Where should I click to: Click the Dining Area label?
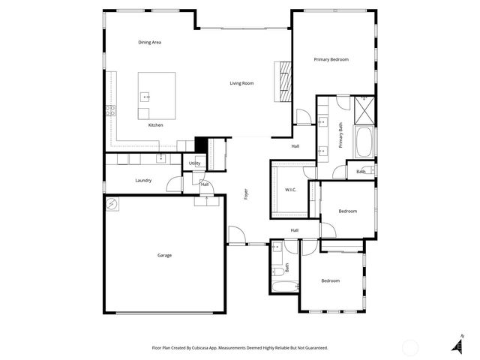pyautogui.click(x=150, y=42)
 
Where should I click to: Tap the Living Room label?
pyautogui.click(x=241, y=83)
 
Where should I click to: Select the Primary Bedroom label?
pyautogui.click(x=331, y=59)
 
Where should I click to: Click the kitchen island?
pyautogui.click(x=157, y=95)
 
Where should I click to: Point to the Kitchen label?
pyautogui.click(x=155, y=125)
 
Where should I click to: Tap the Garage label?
pyautogui.click(x=164, y=256)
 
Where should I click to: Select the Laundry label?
pyautogui.click(x=143, y=181)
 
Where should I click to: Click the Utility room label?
pyautogui.click(x=194, y=163)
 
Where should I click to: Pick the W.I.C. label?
pyautogui.click(x=291, y=190)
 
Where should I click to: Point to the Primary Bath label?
pyautogui.click(x=340, y=135)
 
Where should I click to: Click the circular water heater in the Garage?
pyautogui.click(x=112, y=203)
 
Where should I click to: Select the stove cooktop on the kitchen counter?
pyautogui.click(x=110, y=110)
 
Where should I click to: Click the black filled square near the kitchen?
pyautogui.click(x=200, y=144)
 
